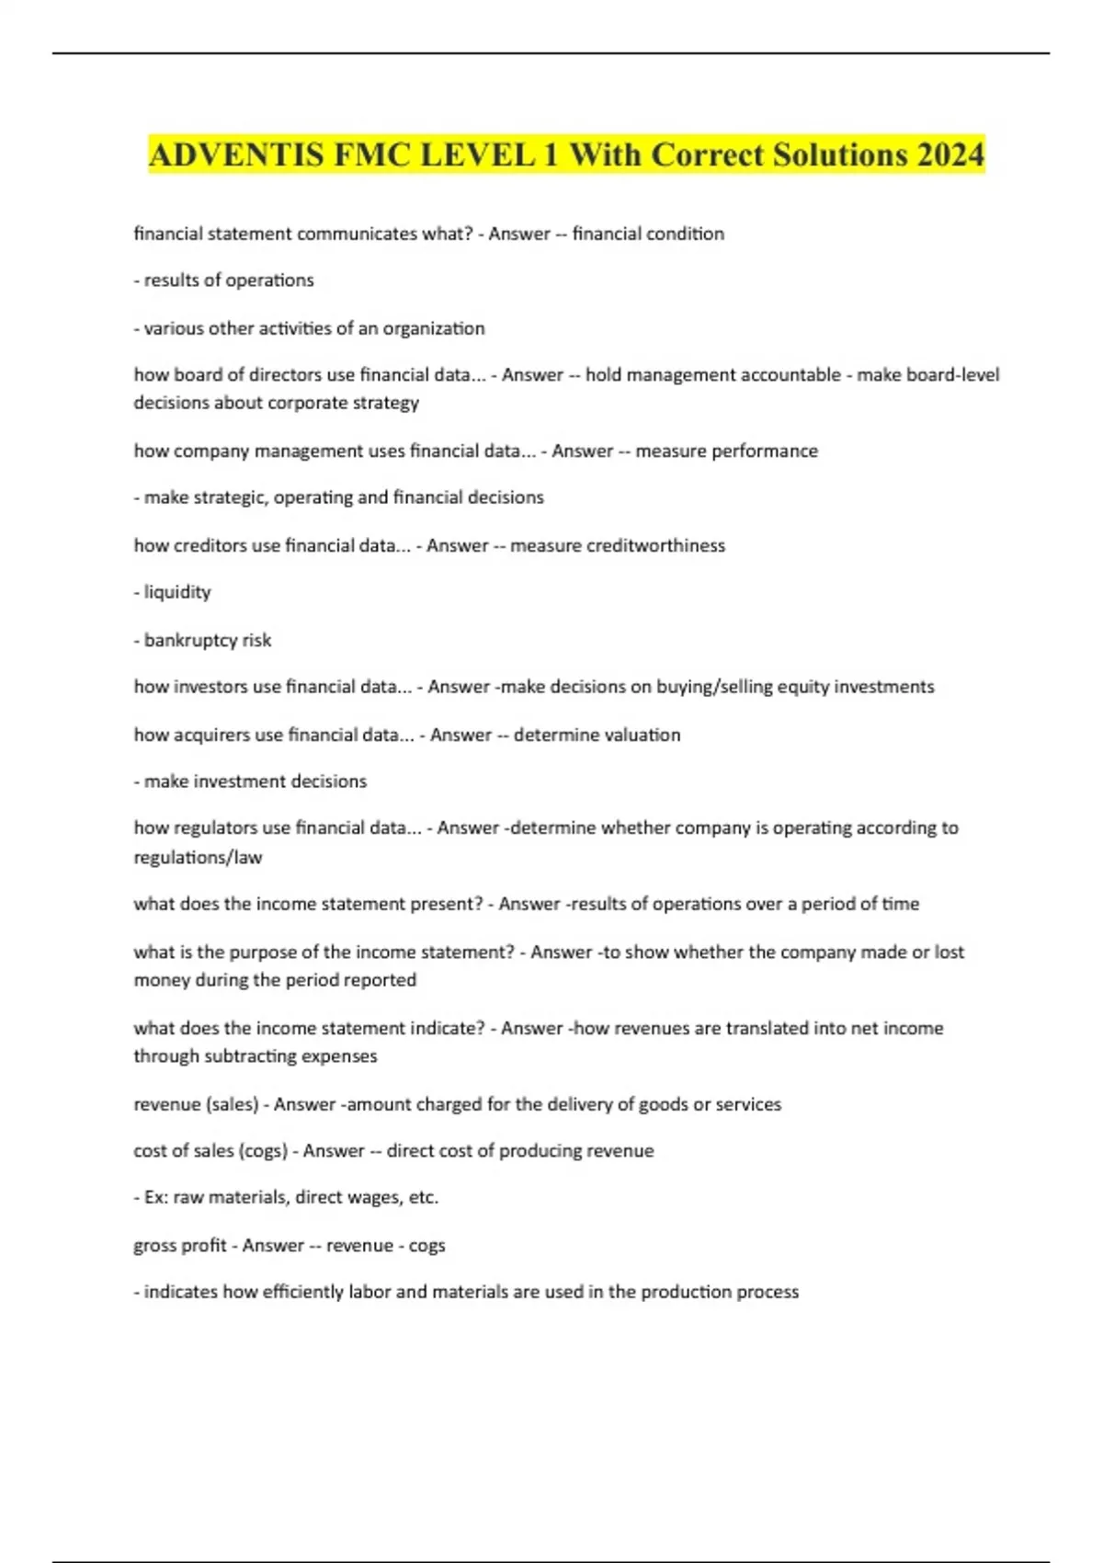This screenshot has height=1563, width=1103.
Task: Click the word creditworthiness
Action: pos(618,545)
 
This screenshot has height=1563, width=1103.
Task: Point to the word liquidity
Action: pos(177,592)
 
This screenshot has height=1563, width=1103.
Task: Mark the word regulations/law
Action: pos(198,857)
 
